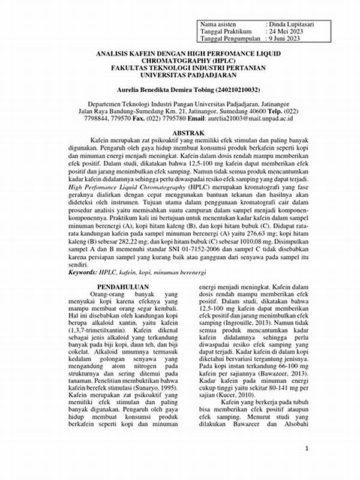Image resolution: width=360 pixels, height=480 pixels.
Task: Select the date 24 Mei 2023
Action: [290, 31]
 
